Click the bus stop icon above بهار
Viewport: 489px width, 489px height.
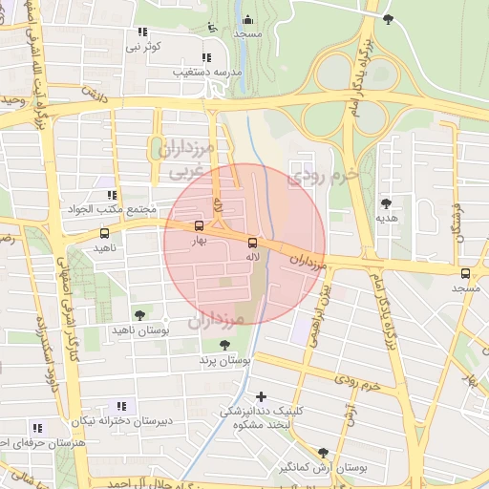[x=199, y=226]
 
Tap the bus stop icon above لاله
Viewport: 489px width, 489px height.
[x=252, y=243]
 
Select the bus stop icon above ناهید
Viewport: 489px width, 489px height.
[x=104, y=232]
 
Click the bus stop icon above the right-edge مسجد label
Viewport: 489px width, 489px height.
[x=465, y=272]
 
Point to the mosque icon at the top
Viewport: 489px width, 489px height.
[x=248, y=19]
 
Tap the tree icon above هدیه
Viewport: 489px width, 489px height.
[x=386, y=203]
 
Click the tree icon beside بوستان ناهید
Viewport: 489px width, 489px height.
[x=140, y=314]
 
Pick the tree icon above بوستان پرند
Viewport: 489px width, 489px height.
[x=224, y=346]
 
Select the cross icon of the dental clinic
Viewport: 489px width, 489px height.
[x=262, y=395]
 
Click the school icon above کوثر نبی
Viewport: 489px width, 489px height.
[x=142, y=32]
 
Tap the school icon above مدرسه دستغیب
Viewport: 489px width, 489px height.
[x=208, y=55]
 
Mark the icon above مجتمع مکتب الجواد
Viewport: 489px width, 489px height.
[x=112, y=195]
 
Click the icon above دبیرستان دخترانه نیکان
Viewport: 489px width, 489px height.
[x=120, y=405]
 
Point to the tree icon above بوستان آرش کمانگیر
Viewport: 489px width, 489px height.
[x=323, y=452]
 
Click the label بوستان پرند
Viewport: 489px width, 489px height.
[x=223, y=361]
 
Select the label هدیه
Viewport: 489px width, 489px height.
[x=386, y=219]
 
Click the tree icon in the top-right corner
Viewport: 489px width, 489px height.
[x=387, y=18]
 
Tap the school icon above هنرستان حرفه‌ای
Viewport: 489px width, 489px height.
[x=36, y=427]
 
